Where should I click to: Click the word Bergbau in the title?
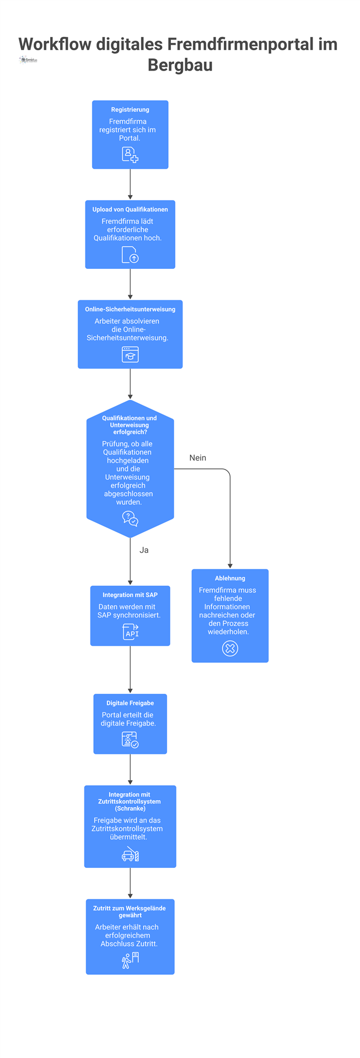pos(180,65)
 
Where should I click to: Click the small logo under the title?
pos(28,60)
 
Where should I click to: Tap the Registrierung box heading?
pos(130,110)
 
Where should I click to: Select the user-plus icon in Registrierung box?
pos(130,155)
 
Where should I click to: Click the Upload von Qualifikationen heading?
pos(130,209)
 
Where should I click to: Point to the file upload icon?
pos(130,255)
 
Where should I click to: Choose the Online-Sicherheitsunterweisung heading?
pos(130,309)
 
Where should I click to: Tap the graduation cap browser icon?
pos(130,354)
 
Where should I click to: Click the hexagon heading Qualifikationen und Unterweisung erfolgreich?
pos(130,425)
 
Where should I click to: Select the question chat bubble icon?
pos(130,519)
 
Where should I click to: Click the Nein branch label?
pos(197,458)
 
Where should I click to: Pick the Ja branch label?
pos(144,550)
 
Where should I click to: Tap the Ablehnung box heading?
pos(230,578)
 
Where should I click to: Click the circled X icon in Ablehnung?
pos(230,649)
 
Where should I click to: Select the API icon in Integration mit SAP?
pos(131,632)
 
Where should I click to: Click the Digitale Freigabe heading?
pos(130,703)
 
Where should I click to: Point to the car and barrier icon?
pos(130,854)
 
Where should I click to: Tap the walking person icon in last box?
pos(130,960)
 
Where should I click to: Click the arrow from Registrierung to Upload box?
pos(130,184)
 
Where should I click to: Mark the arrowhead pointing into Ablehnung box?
pos(230,565)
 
